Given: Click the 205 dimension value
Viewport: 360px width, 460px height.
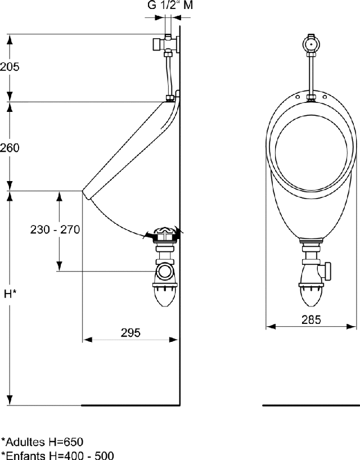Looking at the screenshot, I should (x=10, y=66).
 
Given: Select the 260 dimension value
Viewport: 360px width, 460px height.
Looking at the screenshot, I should (x=10, y=148).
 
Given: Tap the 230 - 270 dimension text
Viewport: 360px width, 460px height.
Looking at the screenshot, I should (x=55, y=229).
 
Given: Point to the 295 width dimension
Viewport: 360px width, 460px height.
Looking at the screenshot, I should (x=130, y=332).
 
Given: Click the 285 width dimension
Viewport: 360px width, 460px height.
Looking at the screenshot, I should (x=310, y=319).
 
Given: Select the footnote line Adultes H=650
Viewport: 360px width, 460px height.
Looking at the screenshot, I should (x=43, y=441).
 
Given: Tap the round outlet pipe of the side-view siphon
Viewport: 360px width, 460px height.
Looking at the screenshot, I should (x=165, y=272).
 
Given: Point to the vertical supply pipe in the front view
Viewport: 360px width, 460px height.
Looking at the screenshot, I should (x=311, y=73).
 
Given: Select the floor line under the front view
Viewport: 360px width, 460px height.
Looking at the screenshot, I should (x=310, y=405).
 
